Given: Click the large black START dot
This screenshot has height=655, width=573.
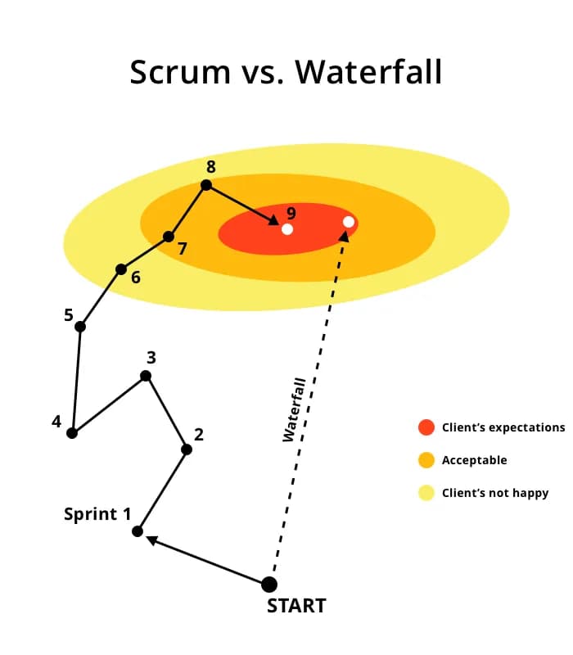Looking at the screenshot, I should click(268, 584).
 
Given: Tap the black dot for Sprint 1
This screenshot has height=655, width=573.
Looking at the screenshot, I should click(138, 531).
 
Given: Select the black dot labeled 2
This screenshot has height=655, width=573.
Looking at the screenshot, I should click(187, 449).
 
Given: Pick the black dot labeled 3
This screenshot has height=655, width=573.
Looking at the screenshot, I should click(146, 376).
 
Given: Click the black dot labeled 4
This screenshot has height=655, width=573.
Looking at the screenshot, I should click(72, 433).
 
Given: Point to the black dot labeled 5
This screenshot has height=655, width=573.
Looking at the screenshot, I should click(80, 327).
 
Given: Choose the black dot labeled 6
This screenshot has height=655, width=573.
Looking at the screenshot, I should click(121, 269).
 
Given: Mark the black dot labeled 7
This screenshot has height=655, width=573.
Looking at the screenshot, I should click(169, 237).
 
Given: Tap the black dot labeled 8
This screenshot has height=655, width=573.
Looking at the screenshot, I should click(206, 185).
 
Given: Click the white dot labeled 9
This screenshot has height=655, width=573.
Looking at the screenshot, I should click(287, 229).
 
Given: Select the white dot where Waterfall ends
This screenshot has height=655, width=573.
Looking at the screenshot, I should click(349, 222).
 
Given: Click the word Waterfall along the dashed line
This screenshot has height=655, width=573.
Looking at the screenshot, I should click(295, 409).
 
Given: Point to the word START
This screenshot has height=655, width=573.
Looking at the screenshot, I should click(296, 606).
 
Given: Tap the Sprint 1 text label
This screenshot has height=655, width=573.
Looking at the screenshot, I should click(97, 514).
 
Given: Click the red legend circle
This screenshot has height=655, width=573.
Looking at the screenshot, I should click(426, 427).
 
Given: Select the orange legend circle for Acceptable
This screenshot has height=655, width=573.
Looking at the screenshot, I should click(426, 460).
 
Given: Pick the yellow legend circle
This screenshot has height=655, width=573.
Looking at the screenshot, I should click(426, 493).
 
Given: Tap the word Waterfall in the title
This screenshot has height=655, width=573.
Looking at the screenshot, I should click(368, 72).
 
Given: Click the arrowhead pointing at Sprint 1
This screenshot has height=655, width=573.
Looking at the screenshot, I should click(152, 540).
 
